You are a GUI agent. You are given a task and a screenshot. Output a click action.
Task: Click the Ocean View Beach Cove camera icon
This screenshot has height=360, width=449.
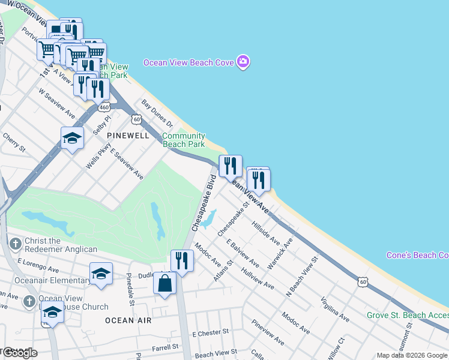coord(243,62)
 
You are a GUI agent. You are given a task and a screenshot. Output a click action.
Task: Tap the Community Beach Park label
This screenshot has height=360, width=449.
coord(184,140)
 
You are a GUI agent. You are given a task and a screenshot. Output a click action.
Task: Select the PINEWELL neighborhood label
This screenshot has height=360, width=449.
coord(128,136)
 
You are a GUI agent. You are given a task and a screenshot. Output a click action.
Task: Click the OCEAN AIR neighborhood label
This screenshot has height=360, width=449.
coord(128,320)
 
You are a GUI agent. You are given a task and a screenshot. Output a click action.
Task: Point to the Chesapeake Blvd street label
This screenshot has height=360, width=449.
coord(203,203)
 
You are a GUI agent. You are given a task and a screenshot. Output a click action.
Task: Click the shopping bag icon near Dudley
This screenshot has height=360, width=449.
coord(164,283)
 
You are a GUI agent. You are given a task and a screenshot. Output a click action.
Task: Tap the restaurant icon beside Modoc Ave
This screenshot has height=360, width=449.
coord(182,260)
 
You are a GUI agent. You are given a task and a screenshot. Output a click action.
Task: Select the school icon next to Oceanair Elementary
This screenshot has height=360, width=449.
coord(101,274)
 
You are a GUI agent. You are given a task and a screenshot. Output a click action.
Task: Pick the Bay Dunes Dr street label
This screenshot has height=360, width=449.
coord(157,113)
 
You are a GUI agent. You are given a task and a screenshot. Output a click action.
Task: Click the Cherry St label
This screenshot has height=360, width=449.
coord(14,142)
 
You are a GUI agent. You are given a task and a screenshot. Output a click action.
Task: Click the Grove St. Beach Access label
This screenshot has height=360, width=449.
coord(408,315)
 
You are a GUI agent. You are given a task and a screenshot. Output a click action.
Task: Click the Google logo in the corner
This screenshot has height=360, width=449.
coord(19,353)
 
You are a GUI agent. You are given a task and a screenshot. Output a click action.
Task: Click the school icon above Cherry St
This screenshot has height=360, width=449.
coord(72,138)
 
